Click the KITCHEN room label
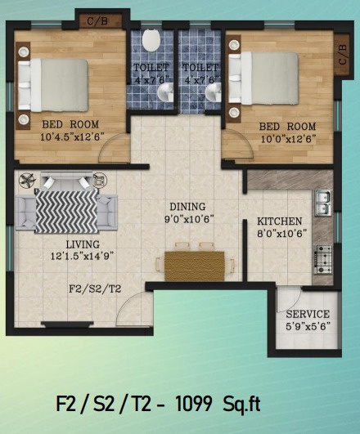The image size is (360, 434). (280, 221)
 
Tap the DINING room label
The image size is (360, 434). (187, 207)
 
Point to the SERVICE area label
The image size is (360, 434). (308, 314)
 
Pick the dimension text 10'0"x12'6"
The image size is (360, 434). (287, 138)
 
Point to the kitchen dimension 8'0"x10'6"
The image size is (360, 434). (280, 234)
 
